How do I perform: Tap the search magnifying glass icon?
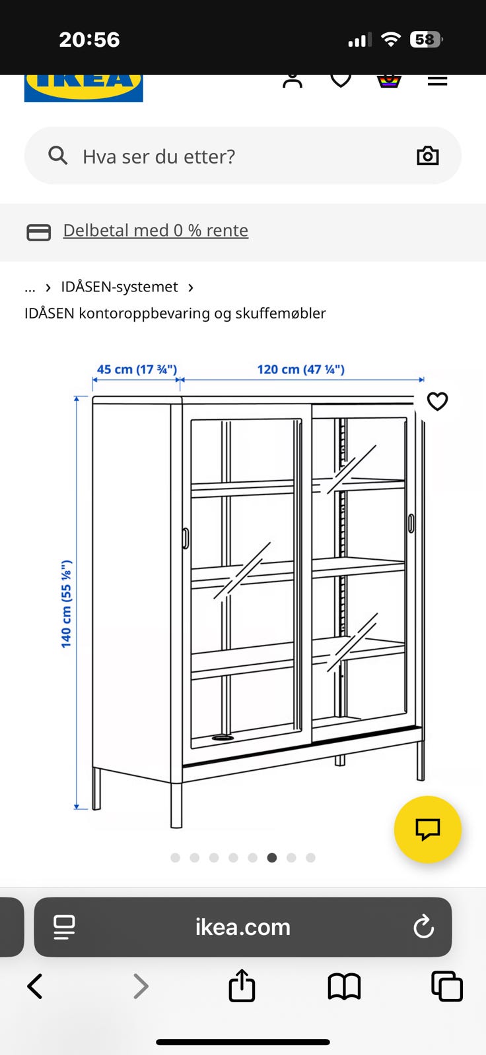[58, 155]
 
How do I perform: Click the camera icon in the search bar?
[427, 156]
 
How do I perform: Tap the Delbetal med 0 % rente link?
[156, 230]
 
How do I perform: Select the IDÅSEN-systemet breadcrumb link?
[120, 287]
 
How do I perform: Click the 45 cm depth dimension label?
[137, 369]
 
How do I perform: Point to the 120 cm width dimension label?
[300, 369]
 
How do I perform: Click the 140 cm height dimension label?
[66, 604]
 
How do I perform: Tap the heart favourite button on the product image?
[437, 402]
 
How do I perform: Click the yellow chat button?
[427, 829]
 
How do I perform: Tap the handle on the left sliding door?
[186, 538]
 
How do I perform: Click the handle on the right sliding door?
[411, 524]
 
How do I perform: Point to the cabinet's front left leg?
[176, 805]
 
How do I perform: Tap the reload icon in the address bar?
[423, 926]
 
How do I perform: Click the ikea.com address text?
[243, 927]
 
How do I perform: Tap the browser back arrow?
[35, 986]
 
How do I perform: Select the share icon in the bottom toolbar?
[242, 985]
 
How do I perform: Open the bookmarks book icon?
[345, 986]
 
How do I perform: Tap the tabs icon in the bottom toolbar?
[447, 986]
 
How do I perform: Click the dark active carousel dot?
[272, 858]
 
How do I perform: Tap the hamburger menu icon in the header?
[437, 81]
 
